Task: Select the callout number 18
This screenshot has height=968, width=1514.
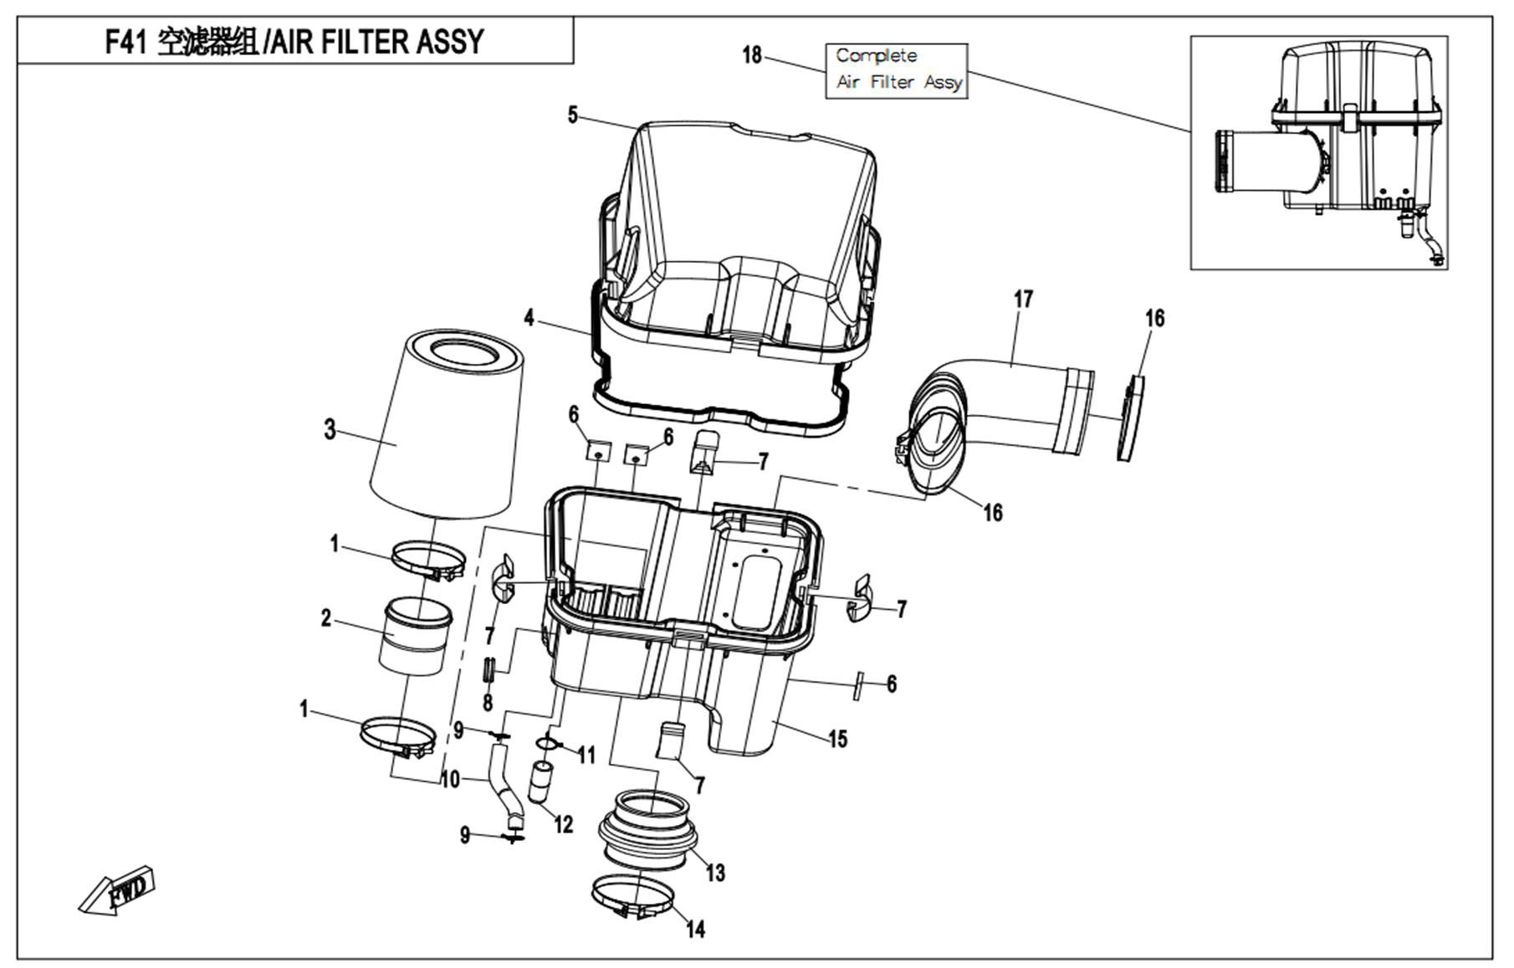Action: click(752, 55)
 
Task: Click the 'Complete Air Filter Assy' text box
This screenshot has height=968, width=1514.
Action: click(897, 70)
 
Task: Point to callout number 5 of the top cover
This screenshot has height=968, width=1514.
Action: click(572, 115)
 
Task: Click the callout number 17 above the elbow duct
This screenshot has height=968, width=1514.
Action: click(1023, 299)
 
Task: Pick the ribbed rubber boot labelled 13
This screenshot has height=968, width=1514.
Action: click(648, 828)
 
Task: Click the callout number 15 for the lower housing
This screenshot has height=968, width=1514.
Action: click(837, 739)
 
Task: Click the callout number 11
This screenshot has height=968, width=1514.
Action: click(586, 755)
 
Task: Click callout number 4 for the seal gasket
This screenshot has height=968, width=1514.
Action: click(529, 318)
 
